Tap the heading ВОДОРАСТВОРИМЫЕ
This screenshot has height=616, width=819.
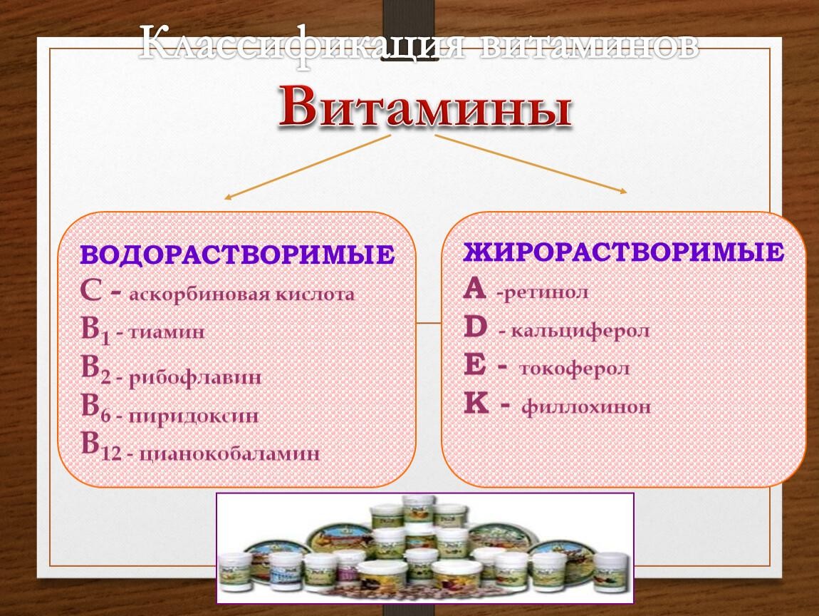pos(238,255)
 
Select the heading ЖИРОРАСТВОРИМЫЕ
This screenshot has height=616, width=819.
pos(624,252)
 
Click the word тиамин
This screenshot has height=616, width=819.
pos(167,332)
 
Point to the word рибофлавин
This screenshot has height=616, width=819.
pos(195,378)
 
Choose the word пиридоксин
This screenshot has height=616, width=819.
pos(194,416)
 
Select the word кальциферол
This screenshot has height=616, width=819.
pos(580,331)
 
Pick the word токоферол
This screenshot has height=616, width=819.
pos(575,369)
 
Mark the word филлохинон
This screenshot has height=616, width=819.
pos(587,407)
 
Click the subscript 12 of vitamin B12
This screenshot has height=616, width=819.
pos(110,453)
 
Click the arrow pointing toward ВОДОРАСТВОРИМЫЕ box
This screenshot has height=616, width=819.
pos(308,167)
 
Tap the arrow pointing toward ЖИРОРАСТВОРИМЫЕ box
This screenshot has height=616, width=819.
pos(531,164)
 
